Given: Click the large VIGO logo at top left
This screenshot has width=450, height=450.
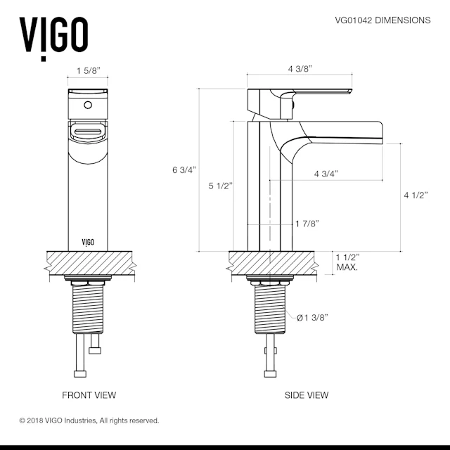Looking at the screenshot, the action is click(53, 37).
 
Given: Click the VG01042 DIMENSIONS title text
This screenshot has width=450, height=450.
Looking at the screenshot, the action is click(382, 20).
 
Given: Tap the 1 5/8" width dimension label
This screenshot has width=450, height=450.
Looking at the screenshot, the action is click(89, 70).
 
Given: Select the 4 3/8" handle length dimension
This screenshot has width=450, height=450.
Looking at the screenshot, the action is click(300, 69).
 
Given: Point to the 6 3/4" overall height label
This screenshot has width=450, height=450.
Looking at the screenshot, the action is click(184, 170).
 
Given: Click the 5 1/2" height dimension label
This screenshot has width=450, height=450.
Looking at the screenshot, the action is click(220, 186).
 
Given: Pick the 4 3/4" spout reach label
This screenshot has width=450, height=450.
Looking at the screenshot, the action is click(326, 174).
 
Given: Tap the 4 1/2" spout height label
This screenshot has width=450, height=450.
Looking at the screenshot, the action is click(416, 195).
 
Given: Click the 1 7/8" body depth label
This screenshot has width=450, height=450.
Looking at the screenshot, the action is click(307, 224).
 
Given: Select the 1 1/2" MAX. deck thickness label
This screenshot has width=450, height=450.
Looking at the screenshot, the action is click(347, 262).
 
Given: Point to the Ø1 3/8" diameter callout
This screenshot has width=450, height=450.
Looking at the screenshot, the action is click(312, 318).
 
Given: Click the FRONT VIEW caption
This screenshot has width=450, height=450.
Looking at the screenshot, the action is click(89, 395).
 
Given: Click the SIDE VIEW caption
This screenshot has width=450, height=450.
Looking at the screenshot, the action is click(307, 395).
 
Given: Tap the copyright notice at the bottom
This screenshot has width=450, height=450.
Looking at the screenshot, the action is click(89, 420).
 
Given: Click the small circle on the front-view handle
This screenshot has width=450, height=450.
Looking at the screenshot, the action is click(88, 105).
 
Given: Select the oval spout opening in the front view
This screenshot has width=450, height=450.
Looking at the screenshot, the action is click(88, 132).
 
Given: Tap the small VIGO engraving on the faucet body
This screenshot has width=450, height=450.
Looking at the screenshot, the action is click(88, 243).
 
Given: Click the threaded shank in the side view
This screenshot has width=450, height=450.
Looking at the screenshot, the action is click(270, 309).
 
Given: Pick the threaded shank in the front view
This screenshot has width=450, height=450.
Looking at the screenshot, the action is click(88, 309).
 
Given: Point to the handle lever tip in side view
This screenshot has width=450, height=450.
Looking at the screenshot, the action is click(351, 91).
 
